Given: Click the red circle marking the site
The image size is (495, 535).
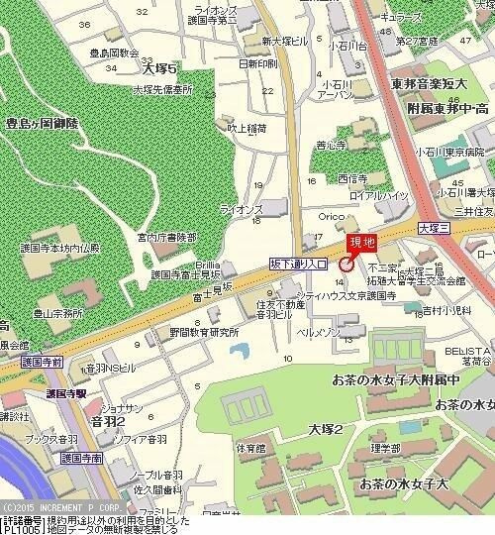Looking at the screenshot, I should point(346,264).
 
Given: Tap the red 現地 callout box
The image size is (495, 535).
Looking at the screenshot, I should point(360,244).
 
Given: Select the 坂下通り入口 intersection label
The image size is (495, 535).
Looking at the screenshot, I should point(298,264).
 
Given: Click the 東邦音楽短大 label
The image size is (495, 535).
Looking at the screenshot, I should point(429,84).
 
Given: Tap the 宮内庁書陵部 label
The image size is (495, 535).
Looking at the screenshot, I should point(166,238).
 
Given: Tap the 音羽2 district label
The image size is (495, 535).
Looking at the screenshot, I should point(107,421).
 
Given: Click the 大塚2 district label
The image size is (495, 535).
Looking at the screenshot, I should point(324,429).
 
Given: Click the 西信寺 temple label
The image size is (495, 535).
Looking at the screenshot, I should point(353,179).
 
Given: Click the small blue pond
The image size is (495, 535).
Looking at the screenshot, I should point(238,351).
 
